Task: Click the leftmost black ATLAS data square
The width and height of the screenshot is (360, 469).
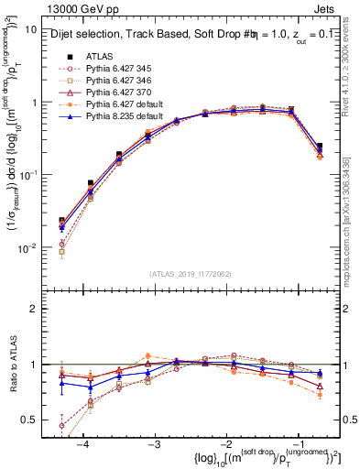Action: [x=61, y=221]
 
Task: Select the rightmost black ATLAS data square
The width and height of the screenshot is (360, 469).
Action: [x=319, y=146]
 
